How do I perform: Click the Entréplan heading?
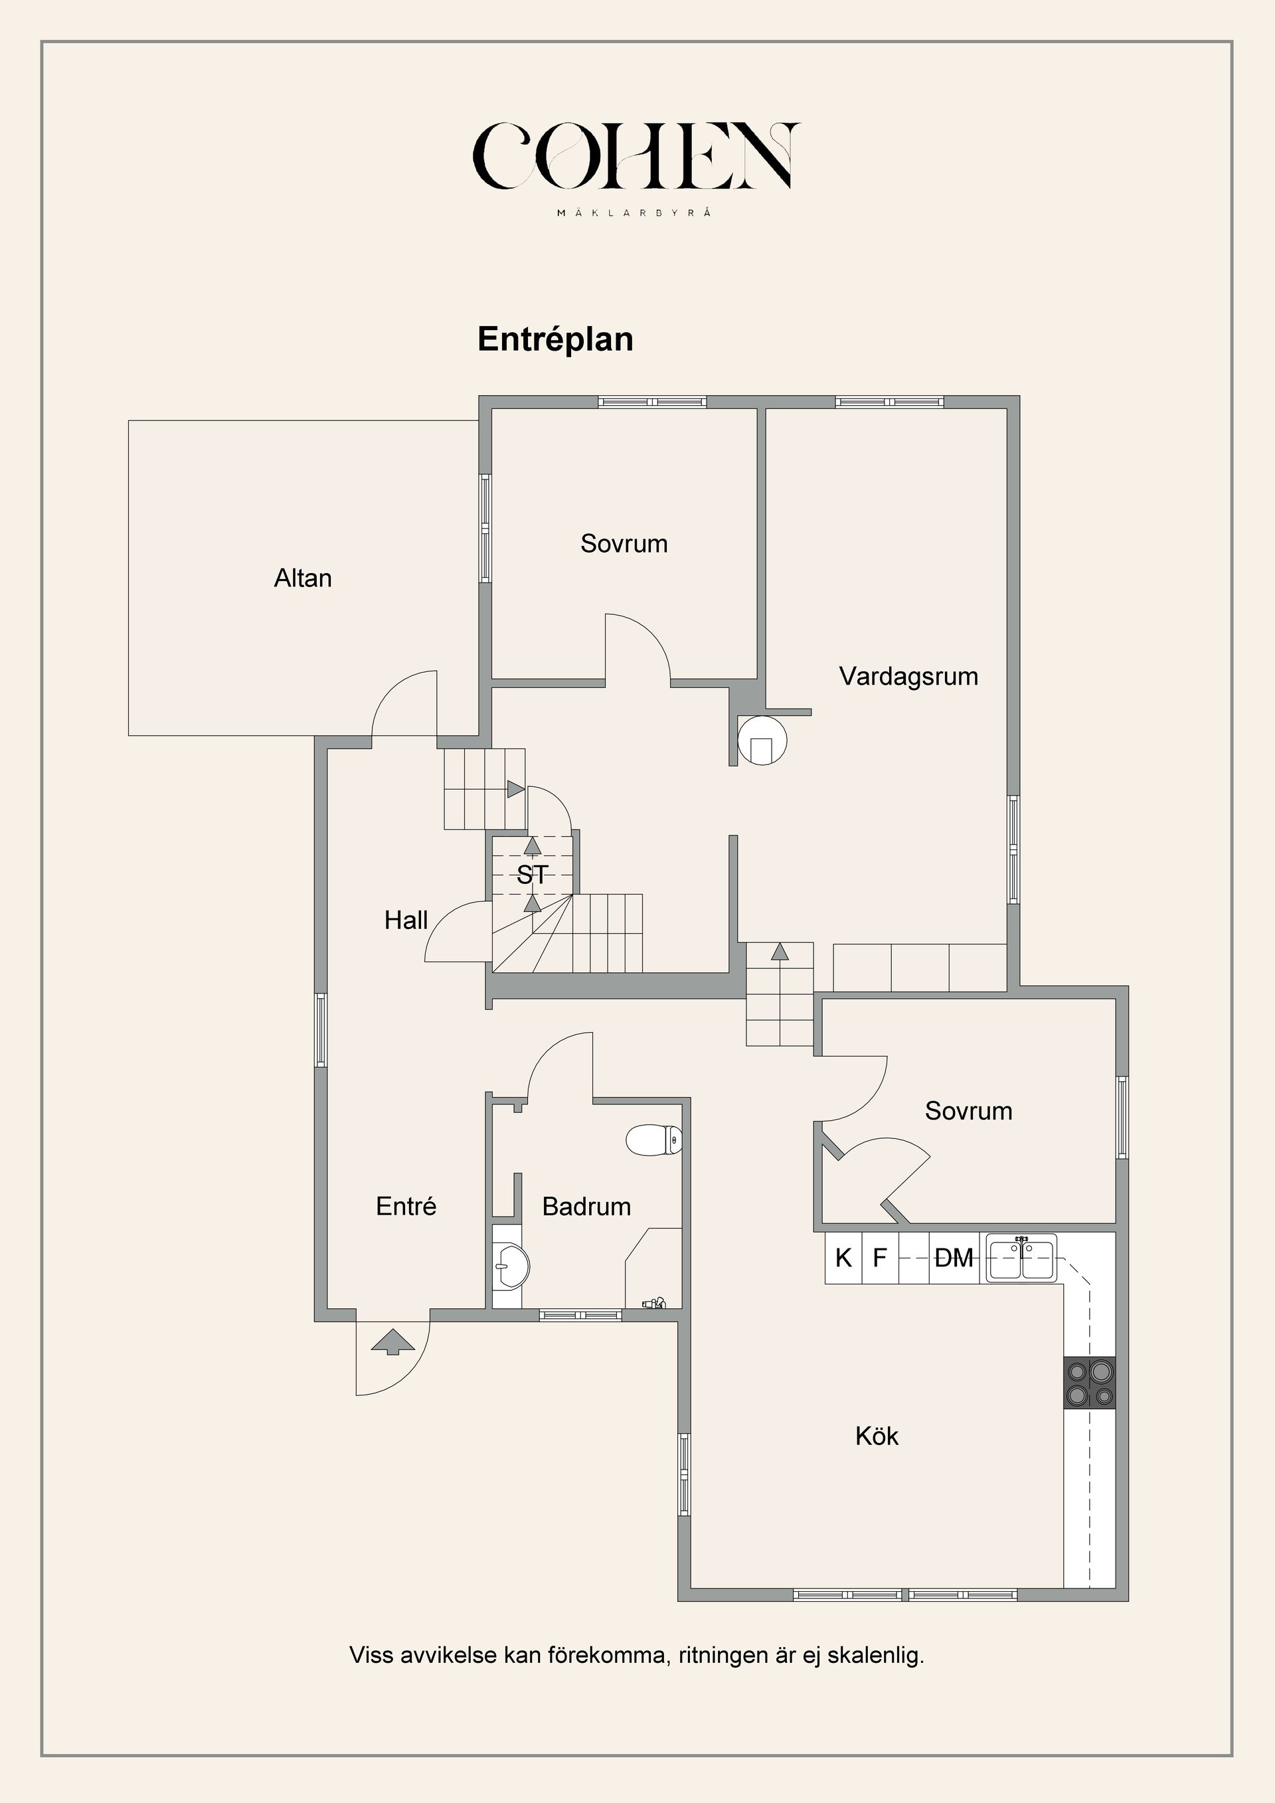pyautogui.click(x=556, y=339)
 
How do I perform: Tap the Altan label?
pyautogui.click(x=303, y=578)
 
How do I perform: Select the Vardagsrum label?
pyautogui.click(x=908, y=676)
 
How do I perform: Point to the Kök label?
pyautogui.click(x=877, y=1436)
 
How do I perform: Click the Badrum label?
pyautogui.click(x=586, y=1206)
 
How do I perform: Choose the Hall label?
pyautogui.click(x=406, y=920)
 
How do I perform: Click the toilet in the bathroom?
pyautogui.click(x=654, y=1140)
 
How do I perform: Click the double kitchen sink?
pyautogui.click(x=1021, y=1258)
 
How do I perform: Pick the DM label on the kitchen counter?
pyautogui.click(x=954, y=1258)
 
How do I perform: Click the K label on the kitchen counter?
pyautogui.click(x=843, y=1258)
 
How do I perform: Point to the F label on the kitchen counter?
pyautogui.click(x=880, y=1258)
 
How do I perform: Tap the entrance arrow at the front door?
pyautogui.click(x=392, y=1341)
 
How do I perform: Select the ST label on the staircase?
pyautogui.click(x=533, y=874)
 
